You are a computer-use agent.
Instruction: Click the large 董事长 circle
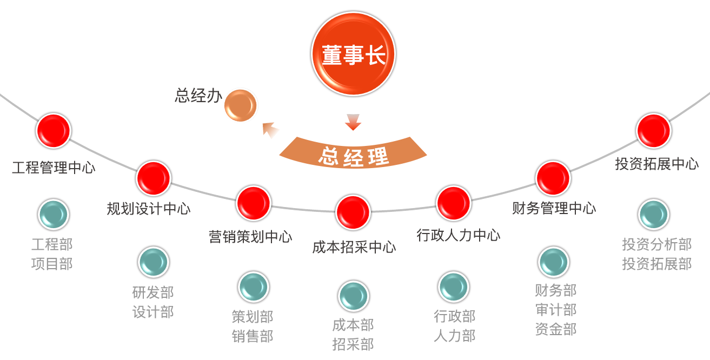pyautogui.click(x=353, y=54)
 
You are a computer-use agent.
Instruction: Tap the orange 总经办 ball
pyautogui.click(x=240, y=105)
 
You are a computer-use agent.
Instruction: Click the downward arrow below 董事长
pyautogui.click(x=353, y=123)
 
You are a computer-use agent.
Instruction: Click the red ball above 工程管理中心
pyautogui.click(x=53, y=131)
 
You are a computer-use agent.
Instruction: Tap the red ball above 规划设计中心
pyautogui.click(x=154, y=178)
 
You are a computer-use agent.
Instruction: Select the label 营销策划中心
pyautogui.click(x=250, y=237)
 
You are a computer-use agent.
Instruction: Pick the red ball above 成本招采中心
pyautogui.click(x=353, y=213)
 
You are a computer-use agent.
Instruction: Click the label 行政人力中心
pyautogui.click(x=458, y=235)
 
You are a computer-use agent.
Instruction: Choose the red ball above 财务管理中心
pyautogui.click(x=553, y=178)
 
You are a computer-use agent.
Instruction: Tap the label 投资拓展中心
pyautogui.click(x=656, y=164)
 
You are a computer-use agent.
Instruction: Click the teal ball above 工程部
pyautogui.click(x=53, y=215)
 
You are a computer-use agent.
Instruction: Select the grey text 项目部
pyautogui.click(x=52, y=264)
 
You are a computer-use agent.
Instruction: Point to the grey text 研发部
pyautogui.click(x=153, y=292)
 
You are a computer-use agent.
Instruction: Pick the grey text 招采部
pyautogui.click(x=353, y=344)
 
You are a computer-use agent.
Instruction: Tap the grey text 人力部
pyautogui.click(x=454, y=336)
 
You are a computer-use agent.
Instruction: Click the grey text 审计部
pyautogui.click(x=555, y=310)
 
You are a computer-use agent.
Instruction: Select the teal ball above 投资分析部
pyautogui.click(x=654, y=215)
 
